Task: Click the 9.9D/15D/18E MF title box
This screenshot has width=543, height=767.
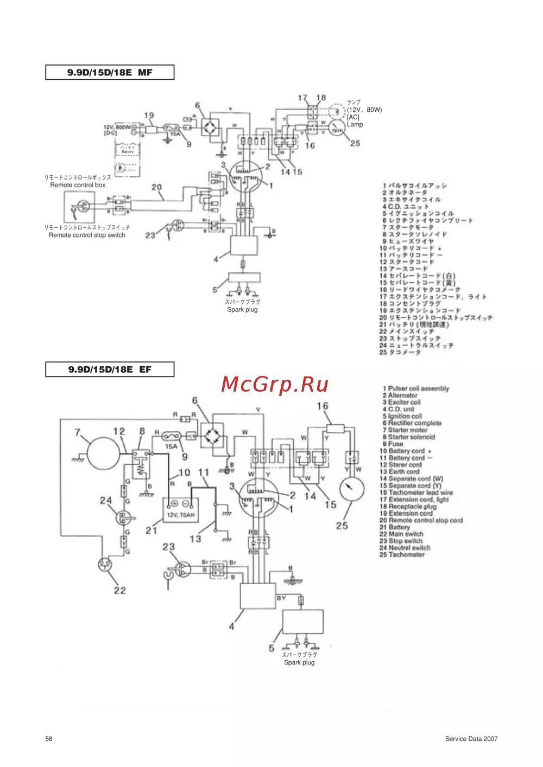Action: [110, 72]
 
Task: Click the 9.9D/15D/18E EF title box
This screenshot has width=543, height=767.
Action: [110, 369]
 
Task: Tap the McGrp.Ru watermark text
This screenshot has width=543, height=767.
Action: [275, 384]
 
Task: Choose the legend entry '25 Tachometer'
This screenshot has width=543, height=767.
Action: [402, 554]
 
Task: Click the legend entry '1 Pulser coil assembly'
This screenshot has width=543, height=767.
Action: [416, 388]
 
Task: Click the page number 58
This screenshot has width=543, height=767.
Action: [49, 739]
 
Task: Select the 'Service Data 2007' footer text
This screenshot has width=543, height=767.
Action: [471, 739]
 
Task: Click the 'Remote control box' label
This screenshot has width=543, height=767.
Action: [78, 185]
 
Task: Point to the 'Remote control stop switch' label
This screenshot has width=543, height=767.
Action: [87, 235]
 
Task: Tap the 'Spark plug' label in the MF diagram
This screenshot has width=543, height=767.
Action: [242, 310]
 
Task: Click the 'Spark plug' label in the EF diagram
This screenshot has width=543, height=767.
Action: [299, 662]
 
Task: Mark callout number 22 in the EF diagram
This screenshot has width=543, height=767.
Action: [120, 590]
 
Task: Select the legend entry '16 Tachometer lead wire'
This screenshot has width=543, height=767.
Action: [416, 493]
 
